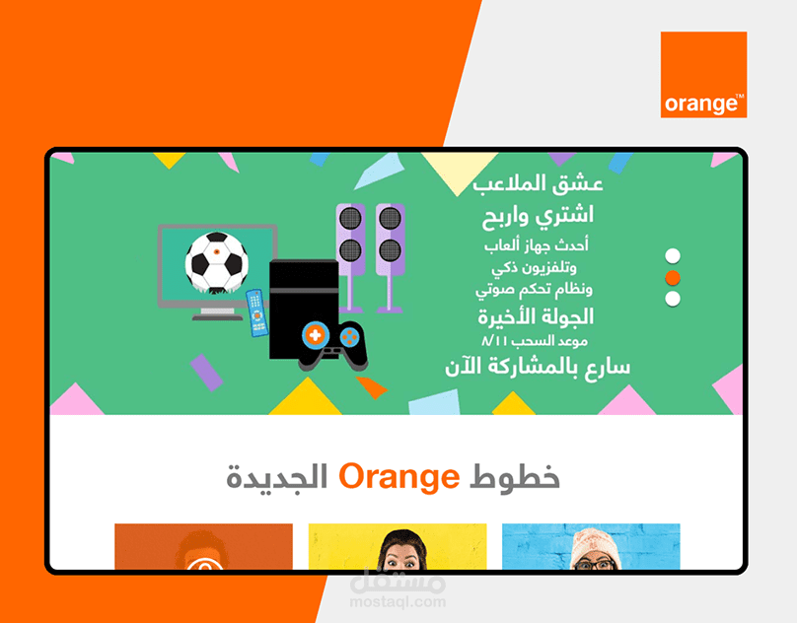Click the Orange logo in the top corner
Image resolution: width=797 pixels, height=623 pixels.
pyautogui.click(x=703, y=74)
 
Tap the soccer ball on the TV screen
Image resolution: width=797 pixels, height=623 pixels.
pyautogui.click(x=216, y=262)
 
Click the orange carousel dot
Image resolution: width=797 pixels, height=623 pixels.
pyautogui.click(x=673, y=278)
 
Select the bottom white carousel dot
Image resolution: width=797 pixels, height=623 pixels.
pyautogui.click(x=673, y=299)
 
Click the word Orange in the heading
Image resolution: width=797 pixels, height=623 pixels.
pyautogui.click(x=398, y=477)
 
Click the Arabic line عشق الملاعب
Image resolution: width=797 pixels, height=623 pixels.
pyautogui.click(x=538, y=184)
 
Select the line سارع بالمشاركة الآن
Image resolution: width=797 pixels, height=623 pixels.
pyautogui.click(x=536, y=366)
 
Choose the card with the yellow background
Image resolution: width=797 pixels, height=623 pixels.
pyautogui.click(x=397, y=547)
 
